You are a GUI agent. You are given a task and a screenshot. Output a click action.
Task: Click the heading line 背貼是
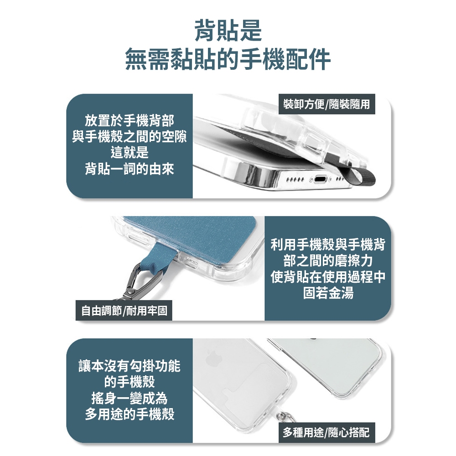click(x=228, y=30)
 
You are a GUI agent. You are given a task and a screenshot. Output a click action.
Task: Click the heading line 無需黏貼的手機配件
click(x=228, y=59)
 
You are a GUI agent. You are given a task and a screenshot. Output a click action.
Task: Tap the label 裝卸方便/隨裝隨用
click(x=326, y=104)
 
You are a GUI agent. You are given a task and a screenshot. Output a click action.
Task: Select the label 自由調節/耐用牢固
click(x=124, y=311)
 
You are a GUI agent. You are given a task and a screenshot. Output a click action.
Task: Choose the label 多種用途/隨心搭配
click(x=326, y=432)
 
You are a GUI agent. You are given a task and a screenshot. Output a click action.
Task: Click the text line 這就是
click(x=130, y=152)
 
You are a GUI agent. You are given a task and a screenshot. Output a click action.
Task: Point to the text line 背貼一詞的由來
click(x=130, y=169)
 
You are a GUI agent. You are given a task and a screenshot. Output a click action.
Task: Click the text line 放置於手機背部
click(x=130, y=120)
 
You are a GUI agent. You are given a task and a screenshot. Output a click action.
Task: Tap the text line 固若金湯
click(x=328, y=293)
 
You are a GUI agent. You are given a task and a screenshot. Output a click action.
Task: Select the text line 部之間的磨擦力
click(x=328, y=261)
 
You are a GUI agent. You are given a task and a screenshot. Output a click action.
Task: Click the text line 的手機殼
click(x=130, y=382)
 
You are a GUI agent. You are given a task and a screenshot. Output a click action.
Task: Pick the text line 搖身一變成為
click(x=130, y=398)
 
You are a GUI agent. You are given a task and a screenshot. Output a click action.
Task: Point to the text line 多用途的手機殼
click(x=130, y=414)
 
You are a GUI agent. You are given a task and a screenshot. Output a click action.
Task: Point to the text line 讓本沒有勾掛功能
click(x=130, y=365)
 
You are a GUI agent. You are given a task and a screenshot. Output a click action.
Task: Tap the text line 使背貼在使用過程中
click(x=328, y=277)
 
